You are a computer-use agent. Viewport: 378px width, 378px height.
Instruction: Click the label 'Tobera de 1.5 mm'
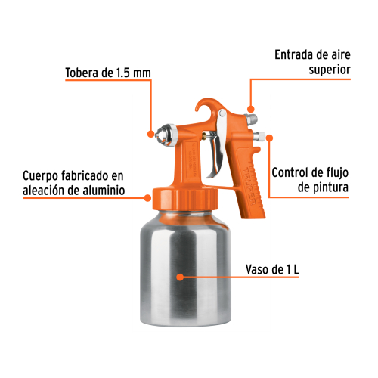click(x=108, y=73)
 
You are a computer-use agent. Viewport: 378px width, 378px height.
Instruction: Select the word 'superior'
click(x=330, y=70)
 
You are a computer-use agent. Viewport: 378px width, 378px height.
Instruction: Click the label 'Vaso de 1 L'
click(x=272, y=269)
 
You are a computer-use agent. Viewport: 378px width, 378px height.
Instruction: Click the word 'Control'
click(x=290, y=172)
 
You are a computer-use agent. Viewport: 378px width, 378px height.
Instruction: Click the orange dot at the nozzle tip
click(x=150, y=134)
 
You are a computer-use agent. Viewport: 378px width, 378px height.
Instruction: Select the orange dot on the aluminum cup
click(x=180, y=277)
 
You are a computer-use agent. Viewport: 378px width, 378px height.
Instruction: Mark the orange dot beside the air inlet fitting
click(x=250, y=109)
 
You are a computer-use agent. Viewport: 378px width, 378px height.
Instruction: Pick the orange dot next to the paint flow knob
click(x=270, y=138)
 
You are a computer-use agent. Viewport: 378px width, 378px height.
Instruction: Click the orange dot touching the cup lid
click(x=147, y=198)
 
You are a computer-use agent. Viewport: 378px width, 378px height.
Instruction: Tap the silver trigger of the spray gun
click(x=217, y=144)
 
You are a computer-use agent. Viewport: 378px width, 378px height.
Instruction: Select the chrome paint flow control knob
click(x=259, y=137)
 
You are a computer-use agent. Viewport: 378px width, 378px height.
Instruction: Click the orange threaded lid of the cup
click(x=185, y=199)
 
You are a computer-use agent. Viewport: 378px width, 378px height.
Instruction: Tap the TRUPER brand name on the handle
click(x=249, y=186)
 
